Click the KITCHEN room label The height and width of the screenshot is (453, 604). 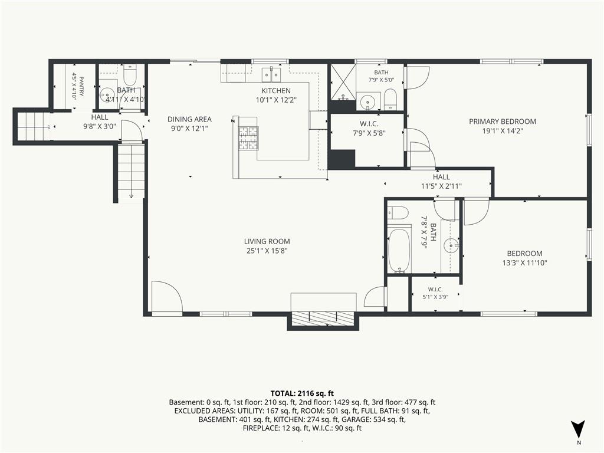[x=276, y=91]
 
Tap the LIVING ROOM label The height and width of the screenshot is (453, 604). [x=267, y=241]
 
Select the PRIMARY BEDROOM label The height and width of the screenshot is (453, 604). [x=503, y=122]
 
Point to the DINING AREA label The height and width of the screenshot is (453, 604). [x=189, y=119]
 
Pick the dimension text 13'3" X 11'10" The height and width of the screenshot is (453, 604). [x=524, y=263]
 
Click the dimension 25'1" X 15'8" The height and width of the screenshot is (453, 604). [x=267, y=251]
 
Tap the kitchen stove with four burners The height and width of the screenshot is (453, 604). [x=248, y=138]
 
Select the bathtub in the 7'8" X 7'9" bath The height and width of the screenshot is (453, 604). [x=399, y=250]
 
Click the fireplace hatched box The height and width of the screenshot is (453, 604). [x=323, y=317]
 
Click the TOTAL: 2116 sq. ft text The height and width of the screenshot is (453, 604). [x=302, y=393]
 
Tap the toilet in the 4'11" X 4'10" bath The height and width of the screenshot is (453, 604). [x=130, y=75]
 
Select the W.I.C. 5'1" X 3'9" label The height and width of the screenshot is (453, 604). [x=435, y=293]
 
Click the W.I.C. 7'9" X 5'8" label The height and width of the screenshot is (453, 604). [x=369, y=129]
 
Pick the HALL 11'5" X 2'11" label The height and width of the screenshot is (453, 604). [x=441, y=182]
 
